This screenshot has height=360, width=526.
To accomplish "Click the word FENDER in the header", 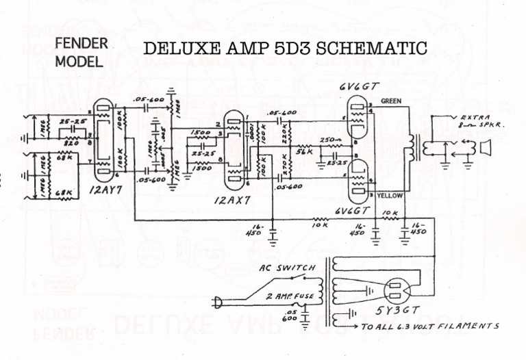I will pos(81,44).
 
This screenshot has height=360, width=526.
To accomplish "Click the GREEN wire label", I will pos(391,101).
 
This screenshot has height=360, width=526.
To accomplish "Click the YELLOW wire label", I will pos(390,196).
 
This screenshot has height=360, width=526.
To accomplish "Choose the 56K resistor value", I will pos(304,156).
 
